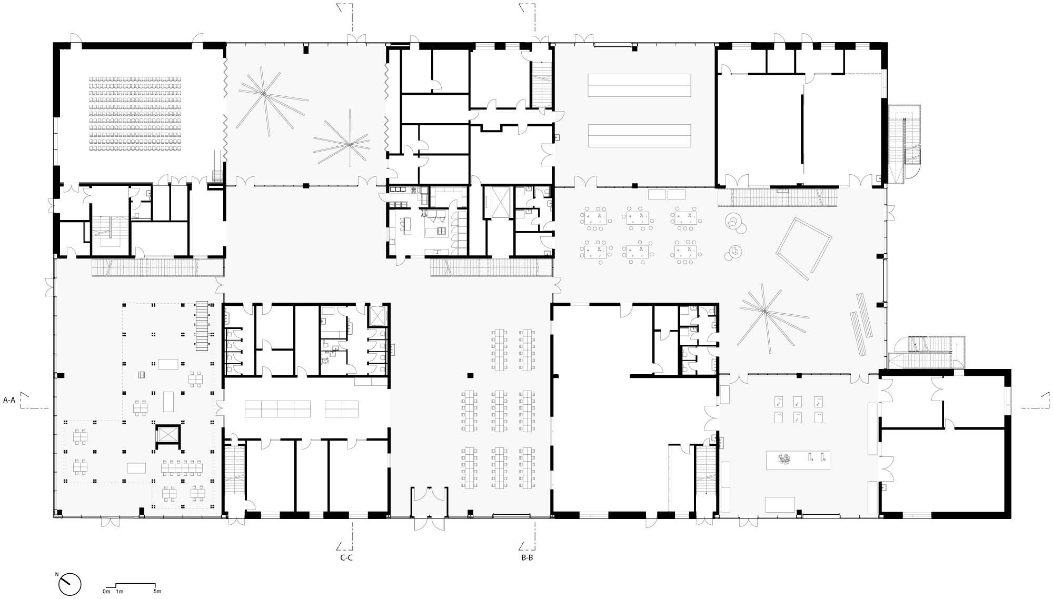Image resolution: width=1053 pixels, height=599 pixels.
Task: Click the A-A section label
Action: coord(9,400)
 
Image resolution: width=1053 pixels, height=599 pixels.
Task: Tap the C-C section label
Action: coord(346,557)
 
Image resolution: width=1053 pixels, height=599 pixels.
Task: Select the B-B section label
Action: coord(527,557)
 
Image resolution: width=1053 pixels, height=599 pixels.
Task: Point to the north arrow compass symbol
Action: coord(71,583)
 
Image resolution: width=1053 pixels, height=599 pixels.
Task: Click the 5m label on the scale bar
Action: coord(157,592)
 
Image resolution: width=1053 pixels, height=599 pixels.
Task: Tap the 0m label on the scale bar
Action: coord(107,592)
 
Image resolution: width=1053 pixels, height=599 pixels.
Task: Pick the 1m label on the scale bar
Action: coord(120,592)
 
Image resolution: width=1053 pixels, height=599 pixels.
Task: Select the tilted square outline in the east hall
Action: coord(804,247)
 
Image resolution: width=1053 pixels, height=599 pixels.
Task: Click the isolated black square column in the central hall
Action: coord(470,375)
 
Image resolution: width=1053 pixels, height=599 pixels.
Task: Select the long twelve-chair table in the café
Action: coord(182,466)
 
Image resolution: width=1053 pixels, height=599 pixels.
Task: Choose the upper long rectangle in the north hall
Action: coord(639,85)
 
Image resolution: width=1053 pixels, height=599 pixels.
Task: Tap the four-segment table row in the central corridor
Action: coord(277,408)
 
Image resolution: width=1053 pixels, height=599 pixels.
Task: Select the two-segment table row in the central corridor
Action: coord(341,408)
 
